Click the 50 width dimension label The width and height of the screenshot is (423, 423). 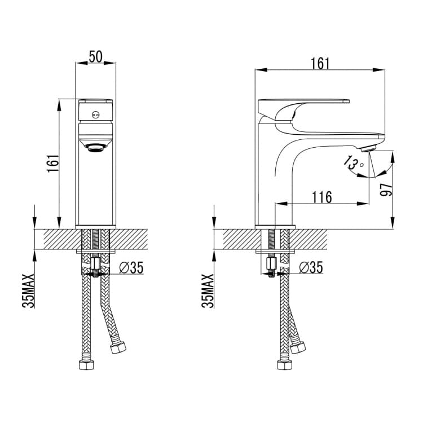click(96, 56)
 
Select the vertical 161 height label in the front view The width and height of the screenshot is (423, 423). click(52, 164)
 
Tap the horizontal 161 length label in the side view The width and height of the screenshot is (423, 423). click(320, 64)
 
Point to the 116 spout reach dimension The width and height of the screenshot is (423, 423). click(322, 197)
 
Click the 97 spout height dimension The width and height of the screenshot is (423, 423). click(386, 190)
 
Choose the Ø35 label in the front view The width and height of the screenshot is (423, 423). click(131, 267)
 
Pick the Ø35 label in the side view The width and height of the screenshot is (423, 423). click(311, 267)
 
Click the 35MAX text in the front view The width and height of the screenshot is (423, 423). click(28, 291)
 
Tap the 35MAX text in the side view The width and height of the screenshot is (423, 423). click(208, 291)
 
